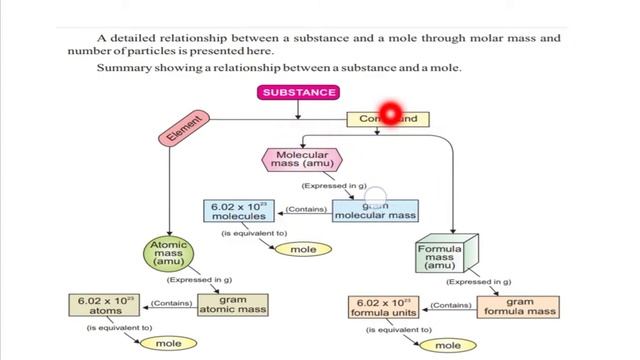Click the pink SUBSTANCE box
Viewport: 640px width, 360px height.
299,93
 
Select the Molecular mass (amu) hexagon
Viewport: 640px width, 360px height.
302,160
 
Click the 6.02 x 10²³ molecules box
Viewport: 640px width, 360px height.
241,211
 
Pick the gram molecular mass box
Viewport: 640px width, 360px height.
375,210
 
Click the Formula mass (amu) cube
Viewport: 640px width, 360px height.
440,255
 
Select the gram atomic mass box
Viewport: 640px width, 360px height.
232,304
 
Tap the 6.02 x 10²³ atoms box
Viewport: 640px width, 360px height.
103,304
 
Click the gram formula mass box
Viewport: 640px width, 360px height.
519,306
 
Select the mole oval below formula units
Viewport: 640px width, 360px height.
439,345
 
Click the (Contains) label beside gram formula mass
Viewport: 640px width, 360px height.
453,305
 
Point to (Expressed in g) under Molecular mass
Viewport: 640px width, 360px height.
335,186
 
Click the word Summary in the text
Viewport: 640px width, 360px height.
124,68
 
